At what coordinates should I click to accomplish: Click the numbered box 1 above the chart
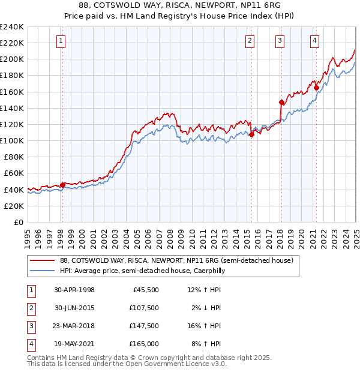pyautogui.click(x=62, y=41)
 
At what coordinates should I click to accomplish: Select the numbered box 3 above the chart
pyautogui.click(x=280, y=41)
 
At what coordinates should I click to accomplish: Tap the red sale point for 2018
pyautogui.click(x=281, y=102)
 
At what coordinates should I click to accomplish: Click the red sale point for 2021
pyautogui.click(x=316, y=88)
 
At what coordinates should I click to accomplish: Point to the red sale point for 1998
pyautogui.click(x=62, y=185)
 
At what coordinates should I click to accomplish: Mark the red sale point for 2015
pyautogui.click(x=251, y=134)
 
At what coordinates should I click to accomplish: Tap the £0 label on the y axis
pyautogui.click(x=19, y=222)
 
